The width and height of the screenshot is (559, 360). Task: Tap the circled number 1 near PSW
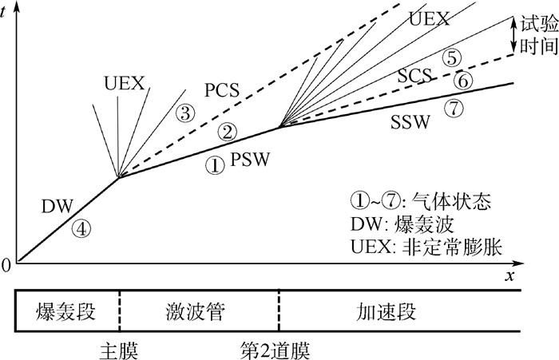pos(213,165)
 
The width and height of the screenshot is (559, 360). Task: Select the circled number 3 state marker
pos(185,113)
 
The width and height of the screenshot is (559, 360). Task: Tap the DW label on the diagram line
pos(56,208)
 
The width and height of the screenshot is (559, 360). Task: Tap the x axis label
pos(508,276)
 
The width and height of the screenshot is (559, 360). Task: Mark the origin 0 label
pos(6,266)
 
